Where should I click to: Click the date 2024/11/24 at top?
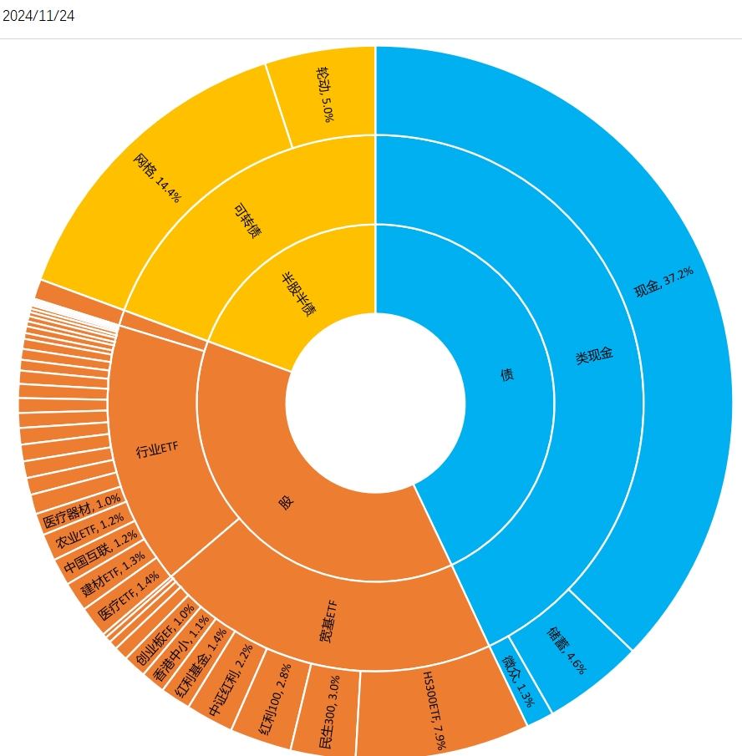point(39,16)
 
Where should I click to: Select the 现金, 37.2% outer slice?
point(663,283)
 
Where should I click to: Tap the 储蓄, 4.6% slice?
point(568,649)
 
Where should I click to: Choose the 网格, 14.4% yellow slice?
point(156,177)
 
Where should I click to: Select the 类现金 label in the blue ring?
point(594,354)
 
